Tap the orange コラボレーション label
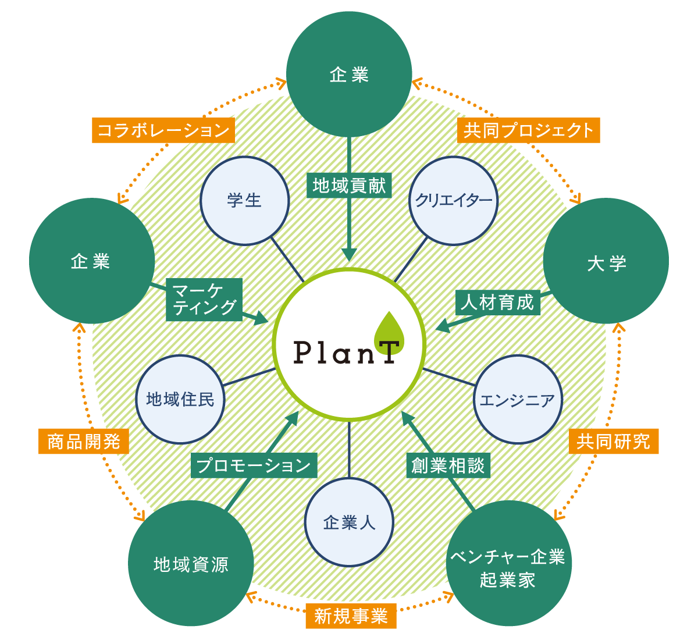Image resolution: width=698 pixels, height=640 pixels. coord(163,130)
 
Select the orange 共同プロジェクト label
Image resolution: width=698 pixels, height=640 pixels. coord(528,130)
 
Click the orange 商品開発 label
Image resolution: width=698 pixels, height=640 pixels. coord(83,442)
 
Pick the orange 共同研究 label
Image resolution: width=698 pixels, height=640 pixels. coord(613,442)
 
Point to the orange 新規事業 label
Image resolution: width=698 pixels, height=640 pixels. coord(351,616)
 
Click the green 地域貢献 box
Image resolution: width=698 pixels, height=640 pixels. coord(349,186)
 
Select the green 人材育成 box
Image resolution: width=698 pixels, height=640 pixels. coord(497,303)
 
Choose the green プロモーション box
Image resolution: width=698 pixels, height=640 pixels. coord(254,465)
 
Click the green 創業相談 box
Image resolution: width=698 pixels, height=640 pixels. coord(448,465)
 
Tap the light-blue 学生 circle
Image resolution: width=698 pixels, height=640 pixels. coord(244,201)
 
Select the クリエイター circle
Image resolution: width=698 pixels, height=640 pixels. coord(454,201)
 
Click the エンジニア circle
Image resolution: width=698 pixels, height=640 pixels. coord(518,400)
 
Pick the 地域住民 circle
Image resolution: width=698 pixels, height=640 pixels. coord(180,400)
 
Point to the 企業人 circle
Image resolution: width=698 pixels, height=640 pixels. coord(349,522)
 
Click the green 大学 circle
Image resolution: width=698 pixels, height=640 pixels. coord(606,261)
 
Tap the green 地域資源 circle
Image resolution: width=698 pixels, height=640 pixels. coord(191,563)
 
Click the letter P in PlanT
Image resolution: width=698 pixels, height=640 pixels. coord(302,352)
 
